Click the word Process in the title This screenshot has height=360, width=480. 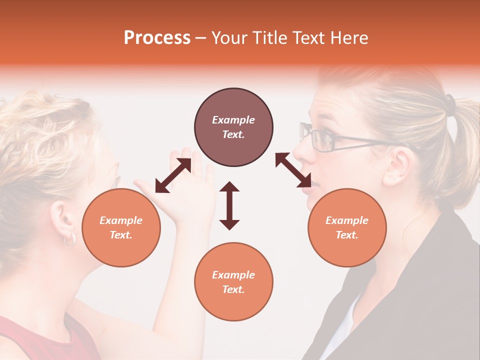pos(157,38)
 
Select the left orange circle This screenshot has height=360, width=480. pos(121,227)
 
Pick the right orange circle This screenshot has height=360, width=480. pos(347,227)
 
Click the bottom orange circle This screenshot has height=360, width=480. pos(233,282)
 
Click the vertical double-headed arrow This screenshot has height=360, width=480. pos(229,205)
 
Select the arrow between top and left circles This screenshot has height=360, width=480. pos(173,176)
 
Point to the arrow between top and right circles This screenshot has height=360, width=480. pos(293,170)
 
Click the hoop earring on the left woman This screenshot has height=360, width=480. pos(69,239)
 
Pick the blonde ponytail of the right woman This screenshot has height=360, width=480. pos(462,145)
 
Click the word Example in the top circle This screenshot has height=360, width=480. pos(233,120)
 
